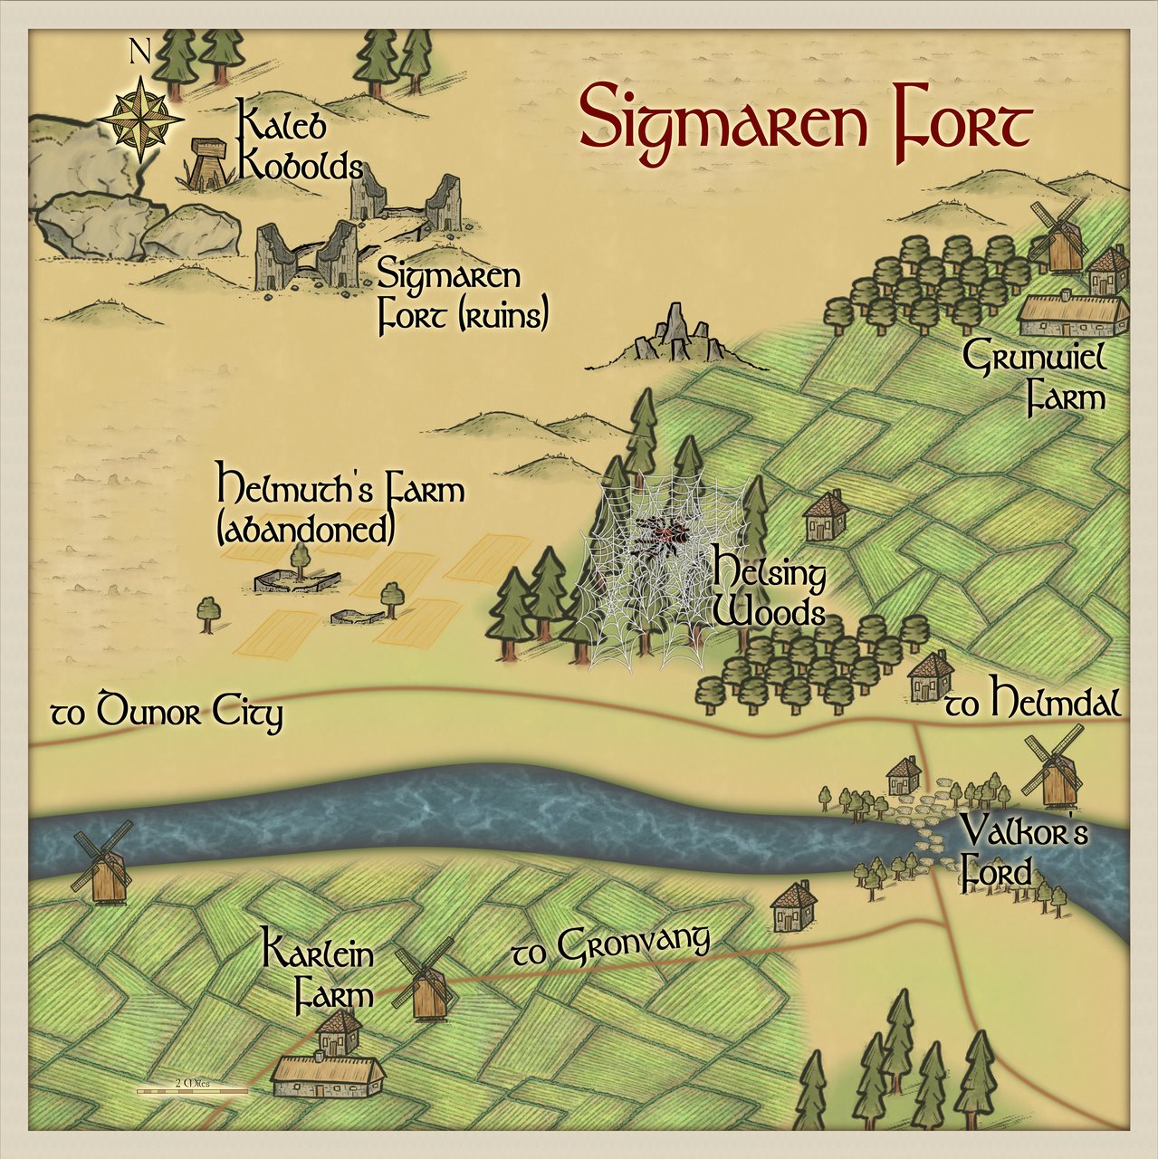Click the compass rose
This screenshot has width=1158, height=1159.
coord(140,120)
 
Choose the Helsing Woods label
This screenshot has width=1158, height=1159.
coord(770,593)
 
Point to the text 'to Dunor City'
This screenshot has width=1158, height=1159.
coord(166,713)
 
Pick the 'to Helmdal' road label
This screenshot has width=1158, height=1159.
coord(1032,702)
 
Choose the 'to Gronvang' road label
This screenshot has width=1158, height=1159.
coord(611,946)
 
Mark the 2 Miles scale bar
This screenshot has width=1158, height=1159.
coord(192,1089)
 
